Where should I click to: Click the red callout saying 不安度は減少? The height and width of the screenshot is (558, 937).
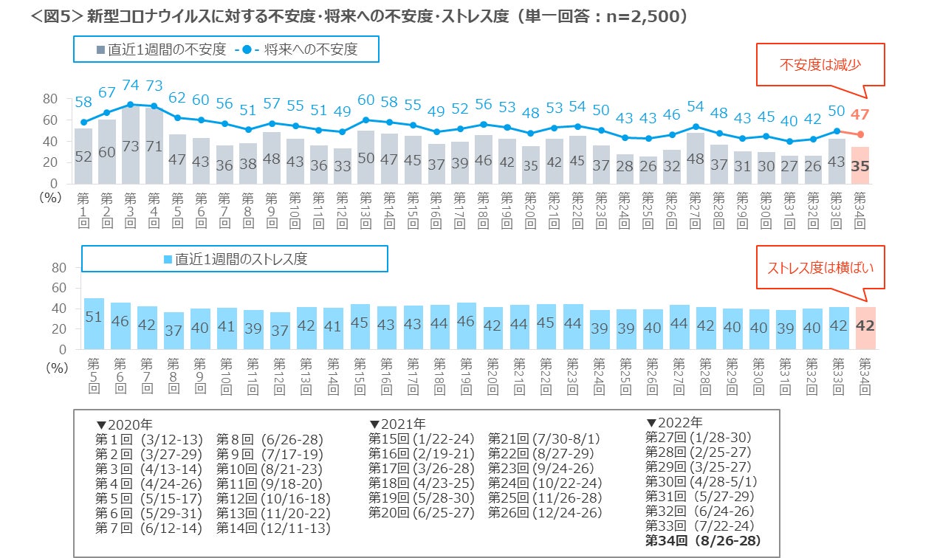tap(820, 64)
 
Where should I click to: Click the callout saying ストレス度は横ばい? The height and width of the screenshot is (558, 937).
tap(820, 267)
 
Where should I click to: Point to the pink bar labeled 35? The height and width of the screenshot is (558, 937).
tap(861, 165)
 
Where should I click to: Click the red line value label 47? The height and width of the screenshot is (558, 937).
tap(860, 114)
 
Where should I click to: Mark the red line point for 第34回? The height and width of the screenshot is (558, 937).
tap(861, 134)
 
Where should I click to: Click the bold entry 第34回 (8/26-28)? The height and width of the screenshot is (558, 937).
tap(703, 541)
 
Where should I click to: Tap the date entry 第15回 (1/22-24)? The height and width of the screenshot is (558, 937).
tap(422, 439)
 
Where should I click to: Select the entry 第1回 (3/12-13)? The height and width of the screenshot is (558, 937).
tap(148, 439)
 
